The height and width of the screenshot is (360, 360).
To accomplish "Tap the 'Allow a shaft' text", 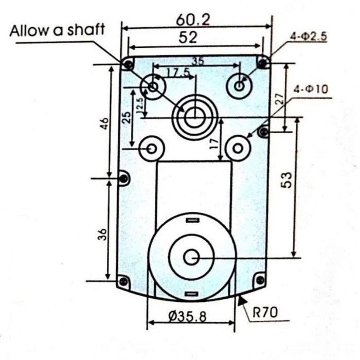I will point(57,30).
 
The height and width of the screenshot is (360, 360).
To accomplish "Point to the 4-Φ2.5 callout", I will point(309,37).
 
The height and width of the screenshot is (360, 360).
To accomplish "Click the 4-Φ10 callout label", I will point(311,89).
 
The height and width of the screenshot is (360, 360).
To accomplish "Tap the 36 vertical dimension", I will point(103,234).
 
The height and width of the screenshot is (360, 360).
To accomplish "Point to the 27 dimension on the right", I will point(279,99).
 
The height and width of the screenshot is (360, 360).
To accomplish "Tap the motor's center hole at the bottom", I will point(191,257).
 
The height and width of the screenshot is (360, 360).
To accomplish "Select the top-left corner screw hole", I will point(127,64).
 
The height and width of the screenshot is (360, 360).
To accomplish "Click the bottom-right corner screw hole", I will point(260,280).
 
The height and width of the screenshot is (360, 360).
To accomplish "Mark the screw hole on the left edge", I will point(124,178).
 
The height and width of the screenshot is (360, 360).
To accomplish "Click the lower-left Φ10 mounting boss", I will point(152,148).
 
